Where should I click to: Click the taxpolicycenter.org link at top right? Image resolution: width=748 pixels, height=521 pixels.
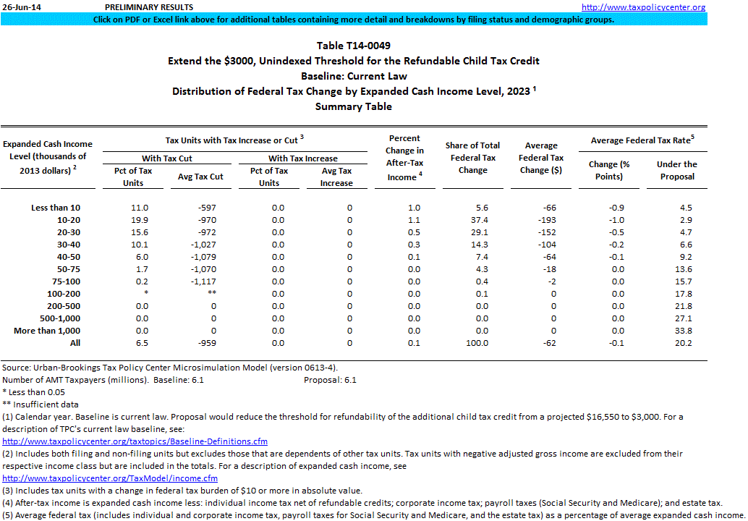coord(644,7)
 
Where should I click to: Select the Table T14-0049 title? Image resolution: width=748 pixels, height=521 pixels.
coord(354,46)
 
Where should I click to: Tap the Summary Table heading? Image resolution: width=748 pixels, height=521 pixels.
coord(354,106)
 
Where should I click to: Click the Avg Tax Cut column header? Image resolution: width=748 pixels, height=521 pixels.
coord(200,177)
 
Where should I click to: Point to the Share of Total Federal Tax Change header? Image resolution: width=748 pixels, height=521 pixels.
coord(472,158)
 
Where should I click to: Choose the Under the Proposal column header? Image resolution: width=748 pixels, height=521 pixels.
coord(676,170)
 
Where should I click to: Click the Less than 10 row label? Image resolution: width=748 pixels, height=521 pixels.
coord(61,208)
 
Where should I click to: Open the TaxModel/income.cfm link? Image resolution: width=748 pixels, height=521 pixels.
coord(110,478)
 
